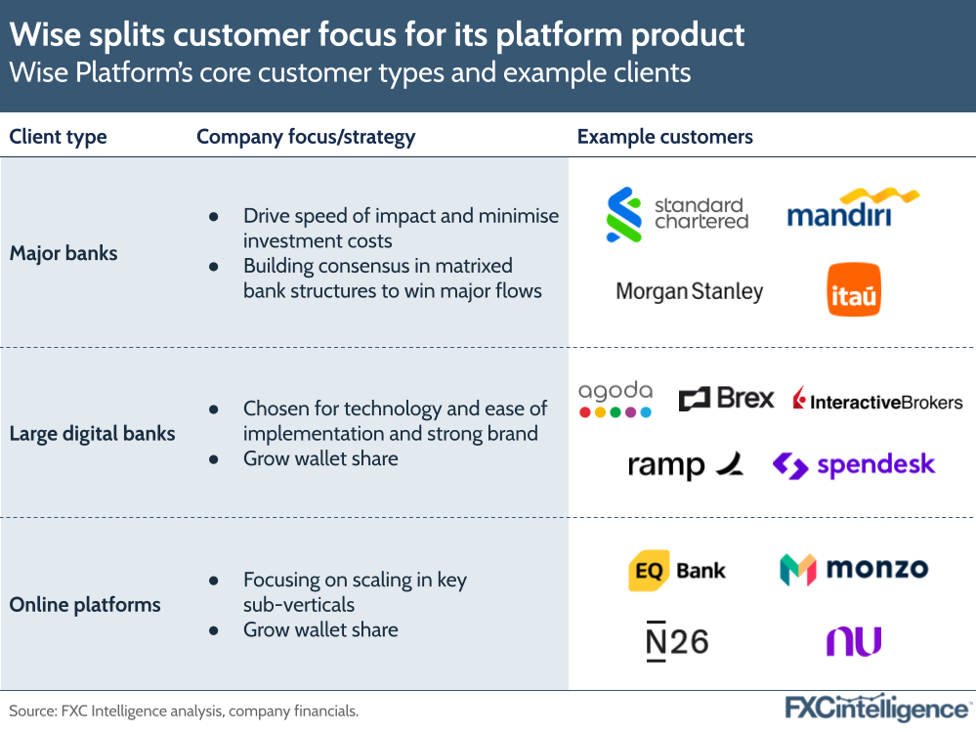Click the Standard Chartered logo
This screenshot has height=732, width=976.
tap(677, 214)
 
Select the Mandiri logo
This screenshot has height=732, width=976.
tap(853, 207)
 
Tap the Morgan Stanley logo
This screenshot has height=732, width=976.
tap(689, 291)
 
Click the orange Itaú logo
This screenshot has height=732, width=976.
tap(854, 289)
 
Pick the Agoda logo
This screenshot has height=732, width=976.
tap(615, 399)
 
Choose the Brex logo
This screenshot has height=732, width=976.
tap(726, 399)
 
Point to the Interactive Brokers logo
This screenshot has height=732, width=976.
tap(877, 401)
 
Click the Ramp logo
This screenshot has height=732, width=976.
tap(685, 466)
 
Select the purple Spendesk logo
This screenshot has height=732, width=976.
tap(853, 465)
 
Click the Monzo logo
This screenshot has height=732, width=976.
tap(853, 569)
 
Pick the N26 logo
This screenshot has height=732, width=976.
tap(676, 641)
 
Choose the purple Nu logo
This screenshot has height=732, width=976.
tap(853, 641)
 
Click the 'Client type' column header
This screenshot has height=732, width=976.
tap(58, 137)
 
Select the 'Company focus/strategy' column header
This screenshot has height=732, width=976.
tap(306, 137)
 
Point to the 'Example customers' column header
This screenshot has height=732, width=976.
tap(664, 137)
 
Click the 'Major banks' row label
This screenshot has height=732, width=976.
tap(64, 253)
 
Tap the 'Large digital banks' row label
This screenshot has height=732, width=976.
tap(92, 433)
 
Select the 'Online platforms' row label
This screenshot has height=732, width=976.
tap(85, 605)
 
